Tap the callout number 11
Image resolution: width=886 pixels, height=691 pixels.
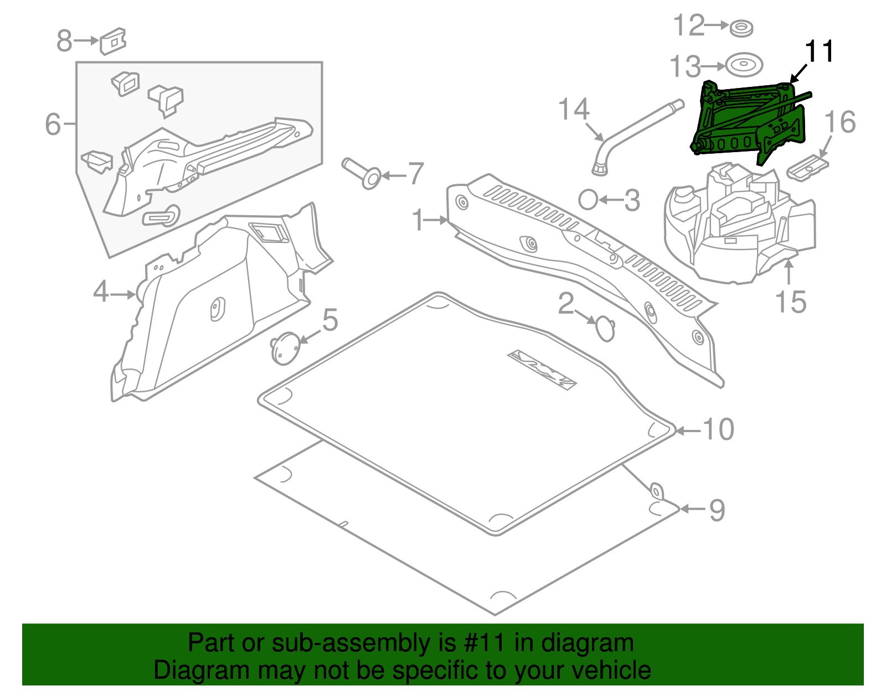coord(819,52)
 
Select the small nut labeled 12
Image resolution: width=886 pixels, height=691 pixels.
coord(741,28)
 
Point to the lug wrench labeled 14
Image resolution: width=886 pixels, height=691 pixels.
coord(637,133)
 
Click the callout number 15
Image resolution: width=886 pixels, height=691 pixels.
coord(790,302)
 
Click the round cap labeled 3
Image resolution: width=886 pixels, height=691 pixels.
coord(588,200)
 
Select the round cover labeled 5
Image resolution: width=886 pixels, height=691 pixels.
coord(285,349)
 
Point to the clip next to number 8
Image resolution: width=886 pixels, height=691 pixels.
coord(114,41)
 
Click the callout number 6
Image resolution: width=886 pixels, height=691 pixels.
coord(53,124)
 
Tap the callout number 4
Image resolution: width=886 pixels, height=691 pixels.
coord(100,292)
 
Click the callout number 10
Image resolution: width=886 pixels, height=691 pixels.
coord(718,429)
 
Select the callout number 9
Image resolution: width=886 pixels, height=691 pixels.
coord(717,510)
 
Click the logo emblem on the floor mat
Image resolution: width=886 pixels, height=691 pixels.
coord(542,369)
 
